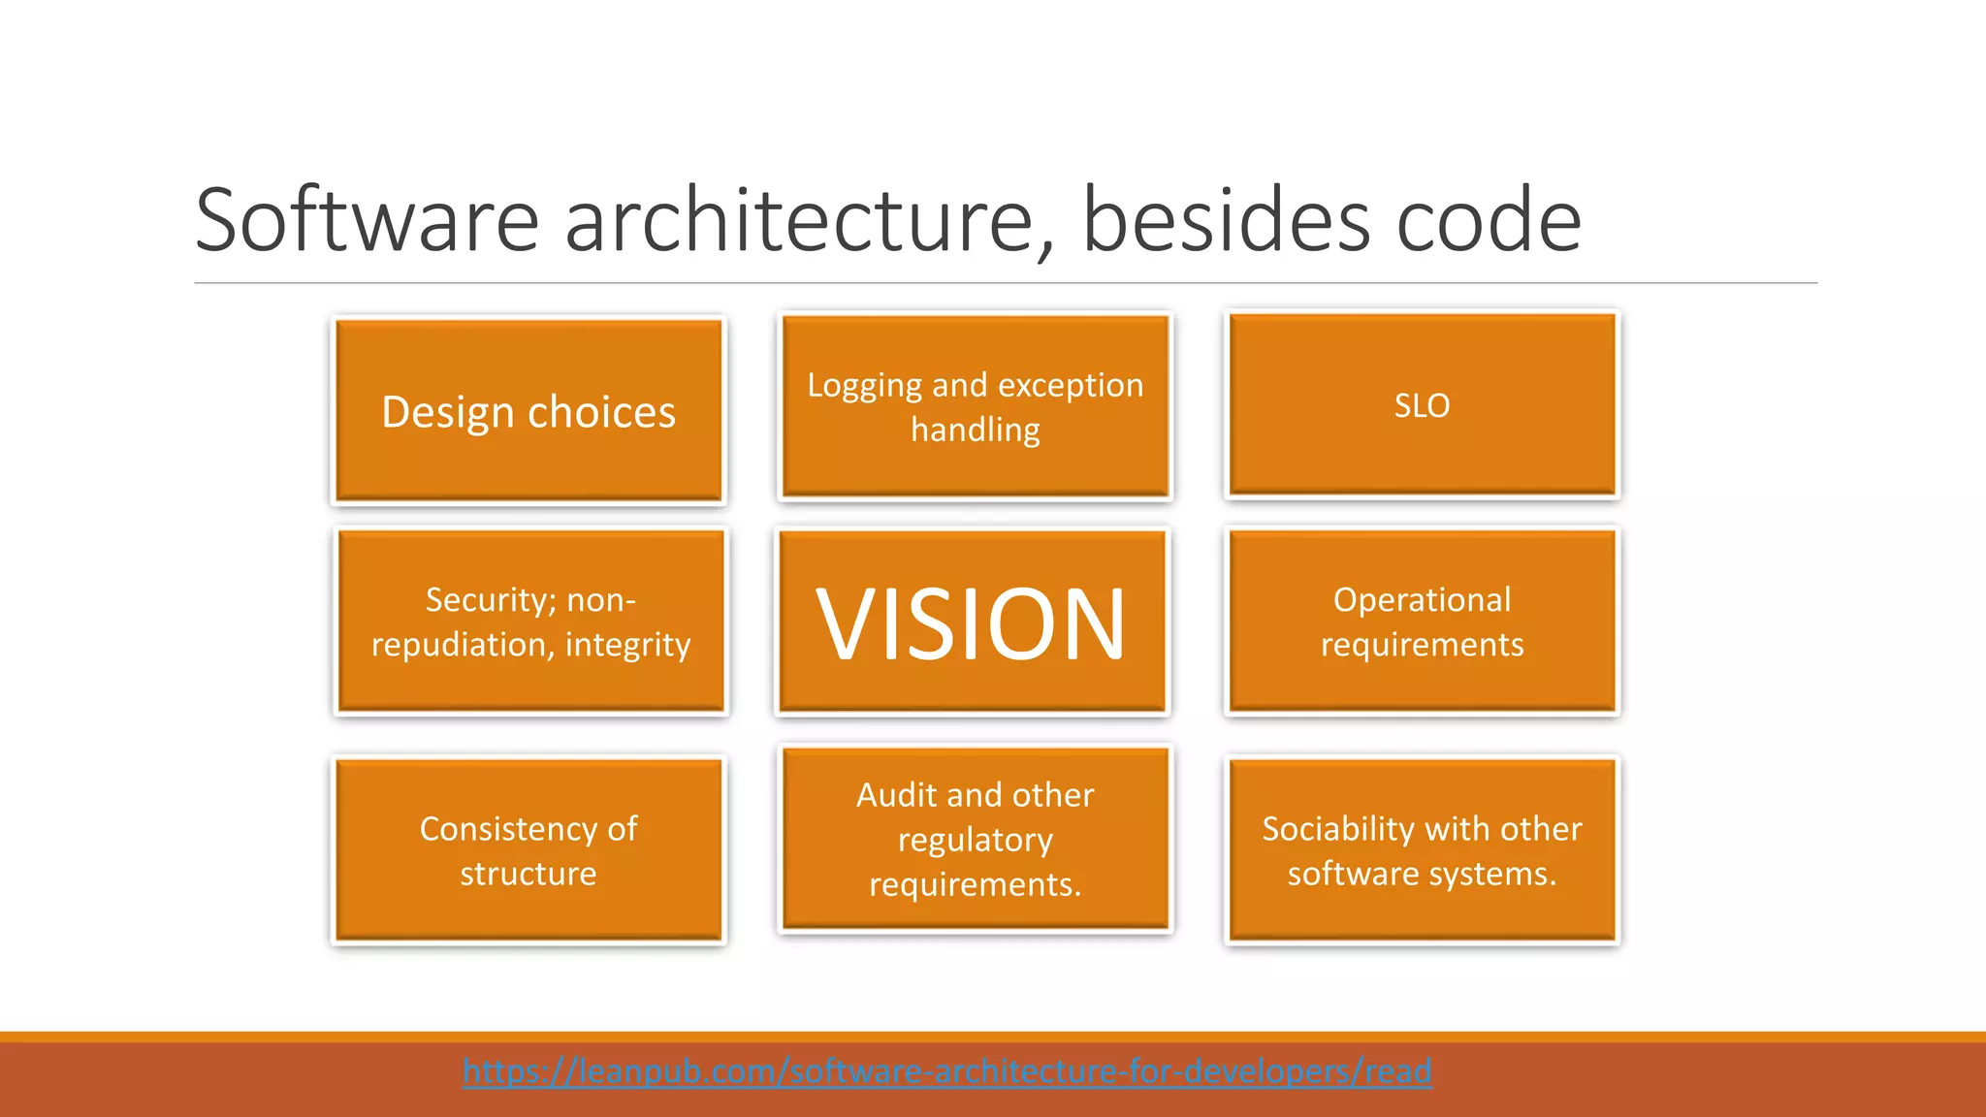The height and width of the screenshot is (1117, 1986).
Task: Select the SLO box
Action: pyautogui.click(x=1422, y=405)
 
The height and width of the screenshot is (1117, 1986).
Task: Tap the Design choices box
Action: pyautogui.click(x=529, y=412)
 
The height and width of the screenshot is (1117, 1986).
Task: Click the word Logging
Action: pyautogui.click(x=864, y=386)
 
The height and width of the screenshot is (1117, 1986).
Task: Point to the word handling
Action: pyautogui.click(x=975, y=430)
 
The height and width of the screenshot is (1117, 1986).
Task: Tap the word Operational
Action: pyautogui.click(x=1422, y=600)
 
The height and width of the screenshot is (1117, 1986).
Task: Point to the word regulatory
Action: pyautogui.click(x=975, y=840)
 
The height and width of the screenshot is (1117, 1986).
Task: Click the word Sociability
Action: pyautogui.click(x=1337, y=829)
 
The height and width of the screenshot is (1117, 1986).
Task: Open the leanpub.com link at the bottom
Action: pyautogui.click(x=946, y=1071)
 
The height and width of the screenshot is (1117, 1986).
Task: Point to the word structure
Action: pyautogui.click(x=529, y=874)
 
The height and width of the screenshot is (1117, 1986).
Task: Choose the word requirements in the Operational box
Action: pyautogui.click(x=1422, y=645)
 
